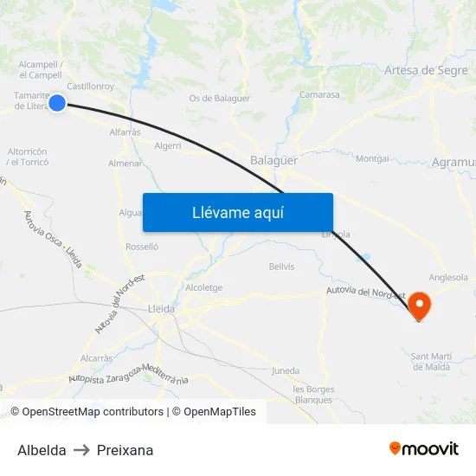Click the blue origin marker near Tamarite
pyautogui.click(x=57, y=103)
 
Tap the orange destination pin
pyautogui.click(x=419, y=305)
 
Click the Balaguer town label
pyautogui.click(x=273, y=160)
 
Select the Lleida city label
pyautogui.click(x=162, y=309)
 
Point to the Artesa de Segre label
pyautogui.click(x=426, y=71)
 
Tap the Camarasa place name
pyautogui.click(x=318, y=94)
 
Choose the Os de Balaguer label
pyautogui.click(x=220, y=98)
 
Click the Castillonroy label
pyautogui.click(x=91, y=87)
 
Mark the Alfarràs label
pyautogui.click(x=125, y=132)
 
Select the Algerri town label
pyautogui.click(x=168, y=145)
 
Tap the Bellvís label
pyautogui.click(x=282, y=267)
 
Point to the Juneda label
pyautogui.click(x=286, y=371)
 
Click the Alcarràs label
pyautogui.click(x=96, y=357)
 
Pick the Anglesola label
pyautogui.click(x=448, y=278)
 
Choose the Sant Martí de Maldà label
pyautogui.click(x=431, y=361)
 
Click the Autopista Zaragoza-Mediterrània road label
pyautogui.click(x=128, y=374)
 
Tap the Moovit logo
pyautogui.click(x=424, y=448)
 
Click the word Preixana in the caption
pyautogui.click(x=125, y=450)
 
